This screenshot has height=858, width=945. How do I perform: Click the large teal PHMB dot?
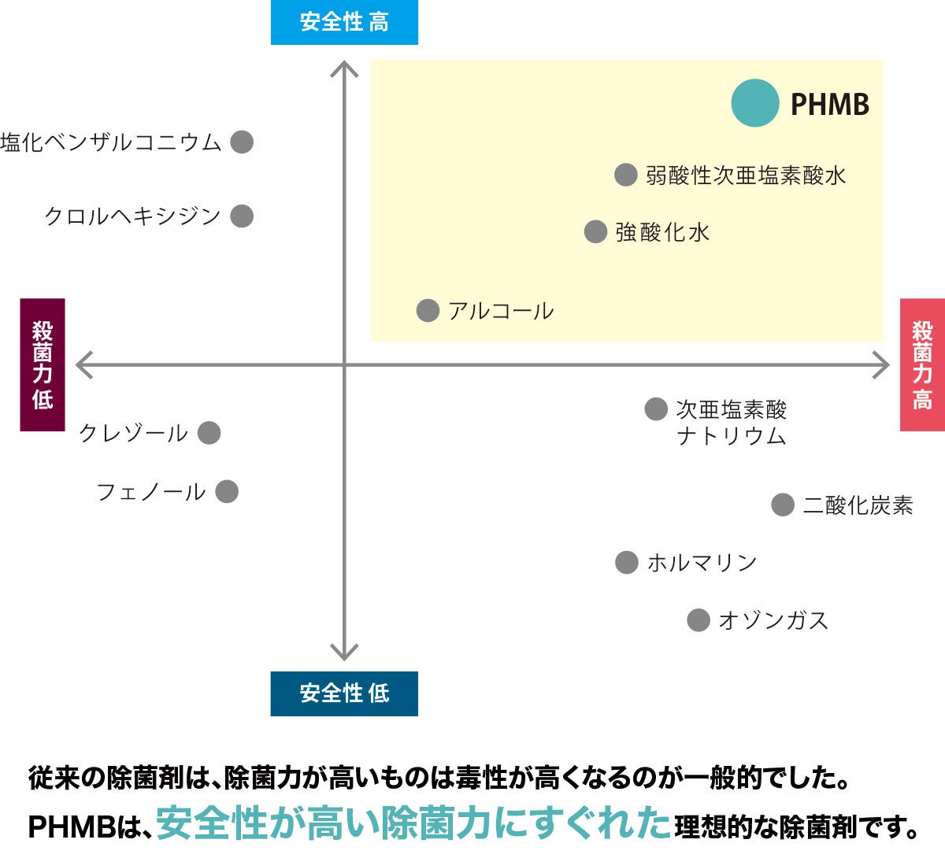point(754,103)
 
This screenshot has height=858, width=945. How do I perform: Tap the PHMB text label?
point(829,104)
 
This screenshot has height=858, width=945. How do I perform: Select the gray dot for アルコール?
point(428,310)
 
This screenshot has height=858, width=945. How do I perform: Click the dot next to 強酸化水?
point(595,231)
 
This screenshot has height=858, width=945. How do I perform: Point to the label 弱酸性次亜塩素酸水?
point(745,175)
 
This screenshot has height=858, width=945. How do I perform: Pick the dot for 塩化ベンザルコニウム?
point(242,142)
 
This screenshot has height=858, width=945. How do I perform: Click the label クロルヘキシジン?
point(132,216)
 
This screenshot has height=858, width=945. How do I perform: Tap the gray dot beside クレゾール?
point(209,432)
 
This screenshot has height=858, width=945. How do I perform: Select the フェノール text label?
point(150,492)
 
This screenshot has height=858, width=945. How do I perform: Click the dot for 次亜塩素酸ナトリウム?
point(656,409)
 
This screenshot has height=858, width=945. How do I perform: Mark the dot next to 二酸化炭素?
point(782,505)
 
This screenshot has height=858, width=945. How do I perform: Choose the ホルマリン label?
point(702,563)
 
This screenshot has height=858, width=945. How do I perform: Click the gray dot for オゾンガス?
point(699,620)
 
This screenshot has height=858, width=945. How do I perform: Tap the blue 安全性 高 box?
point(344,22)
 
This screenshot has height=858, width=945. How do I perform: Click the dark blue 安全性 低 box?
point(344,693)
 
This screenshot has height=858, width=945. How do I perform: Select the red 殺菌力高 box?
point(922,364)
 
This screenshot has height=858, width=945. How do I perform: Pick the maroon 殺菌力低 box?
point(43,364)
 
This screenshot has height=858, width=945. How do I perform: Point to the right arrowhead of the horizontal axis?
point(882,364)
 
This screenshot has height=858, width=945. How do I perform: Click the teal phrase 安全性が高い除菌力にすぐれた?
point(413,823)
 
